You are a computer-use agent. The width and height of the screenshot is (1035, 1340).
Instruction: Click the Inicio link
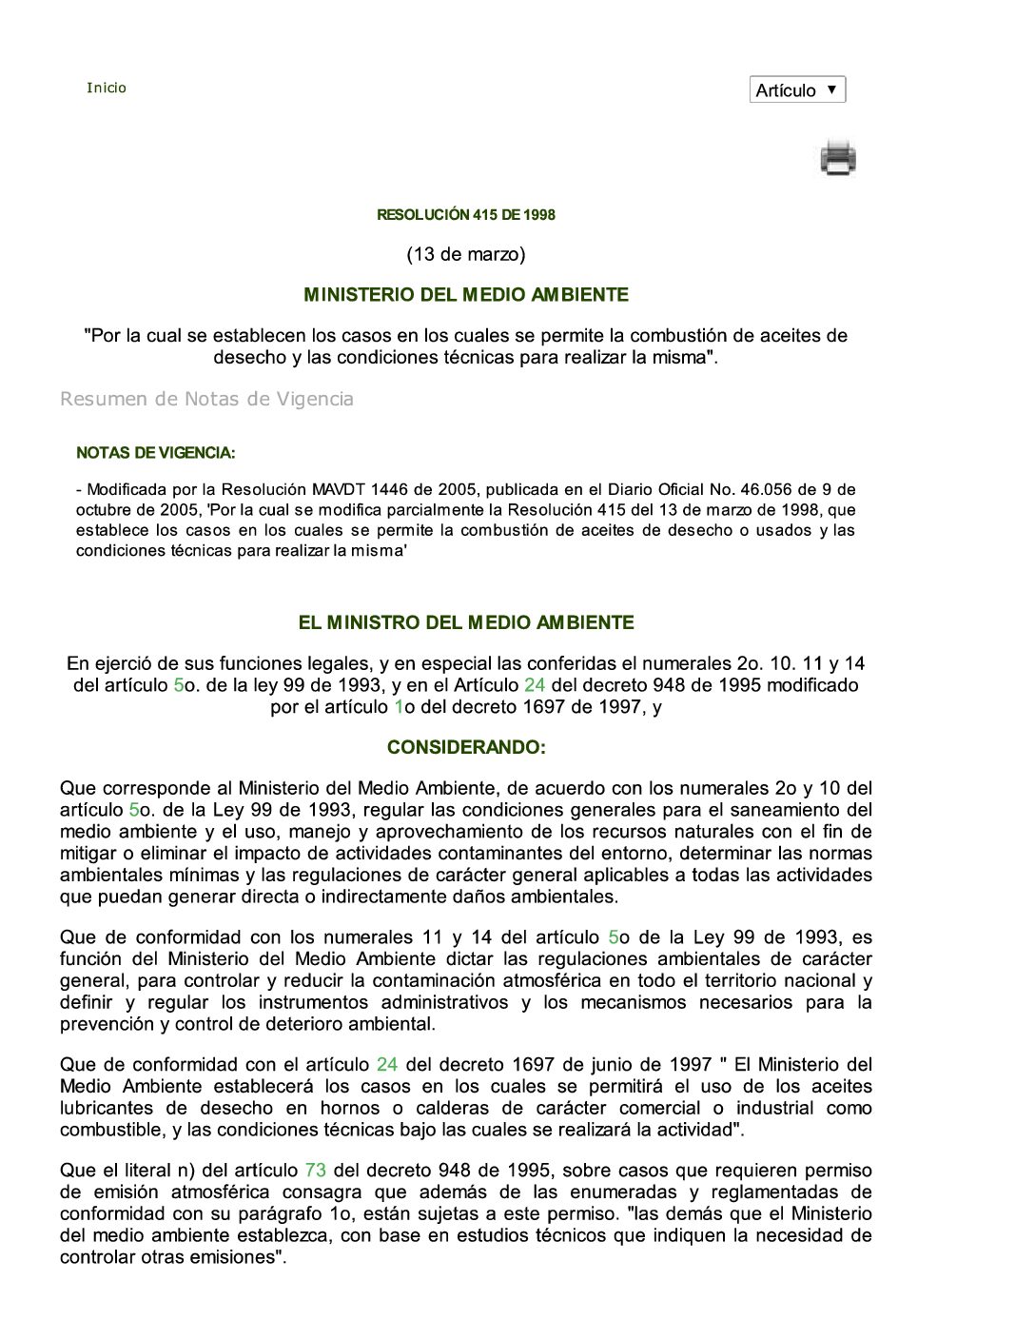point(107,88)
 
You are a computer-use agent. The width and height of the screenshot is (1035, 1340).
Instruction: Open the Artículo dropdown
point(797,90)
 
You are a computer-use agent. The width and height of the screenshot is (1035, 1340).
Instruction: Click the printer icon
point(838,158)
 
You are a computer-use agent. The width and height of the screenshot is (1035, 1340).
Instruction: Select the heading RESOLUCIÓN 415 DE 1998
point(466,215)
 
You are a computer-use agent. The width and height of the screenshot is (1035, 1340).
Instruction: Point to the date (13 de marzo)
point(466,254)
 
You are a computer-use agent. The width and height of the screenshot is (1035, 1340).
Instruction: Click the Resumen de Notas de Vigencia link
point(206,399)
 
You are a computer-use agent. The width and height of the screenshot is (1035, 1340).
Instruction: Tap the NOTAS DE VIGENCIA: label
point(156,453)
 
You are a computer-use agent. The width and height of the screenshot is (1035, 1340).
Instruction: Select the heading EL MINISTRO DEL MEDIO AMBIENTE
point(466,622)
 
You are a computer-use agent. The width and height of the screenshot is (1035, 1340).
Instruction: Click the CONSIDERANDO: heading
point(466,747)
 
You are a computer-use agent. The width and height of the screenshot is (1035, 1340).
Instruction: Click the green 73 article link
point(315,1171)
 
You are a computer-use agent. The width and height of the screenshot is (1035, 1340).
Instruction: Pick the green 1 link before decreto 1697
point(399,707)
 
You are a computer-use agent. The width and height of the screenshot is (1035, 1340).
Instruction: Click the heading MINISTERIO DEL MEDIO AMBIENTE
point(466,295)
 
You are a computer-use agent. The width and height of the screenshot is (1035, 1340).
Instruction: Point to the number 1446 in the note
point(389,490)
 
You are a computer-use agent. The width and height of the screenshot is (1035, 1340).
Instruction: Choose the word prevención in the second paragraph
point(103,1025)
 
